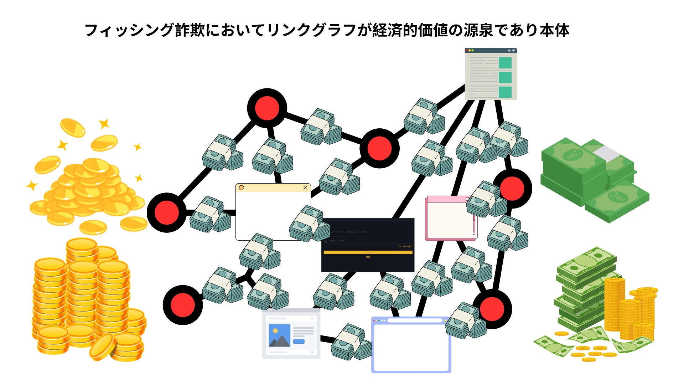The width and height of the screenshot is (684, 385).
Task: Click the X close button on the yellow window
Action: click(305, 188)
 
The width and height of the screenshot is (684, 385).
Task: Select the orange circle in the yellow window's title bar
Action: click(242, 188)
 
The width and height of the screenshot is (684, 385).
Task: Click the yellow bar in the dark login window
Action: click(368, 252)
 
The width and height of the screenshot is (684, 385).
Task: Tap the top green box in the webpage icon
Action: click(505, 63)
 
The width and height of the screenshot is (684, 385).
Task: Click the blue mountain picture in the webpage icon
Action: click(279, 335)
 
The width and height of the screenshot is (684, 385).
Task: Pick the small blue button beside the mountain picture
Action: click(299, 342)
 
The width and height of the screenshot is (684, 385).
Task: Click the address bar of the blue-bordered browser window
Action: click(415, 320)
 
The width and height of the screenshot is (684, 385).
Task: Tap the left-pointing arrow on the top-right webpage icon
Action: click(509, 51)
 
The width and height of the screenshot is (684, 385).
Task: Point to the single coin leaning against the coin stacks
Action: click(103, 347)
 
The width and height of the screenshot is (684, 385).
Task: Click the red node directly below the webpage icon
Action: click(512, 188)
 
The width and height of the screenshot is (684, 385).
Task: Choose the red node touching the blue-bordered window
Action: click(492, 309)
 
